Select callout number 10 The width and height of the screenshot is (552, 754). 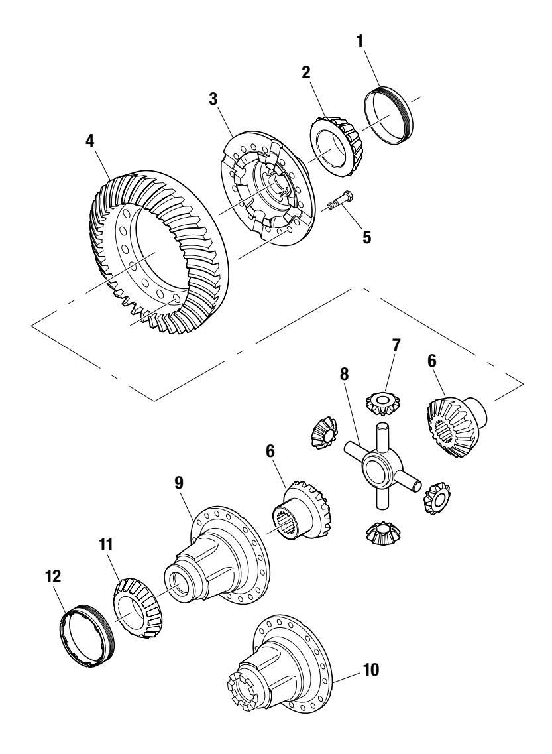(372, 670)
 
